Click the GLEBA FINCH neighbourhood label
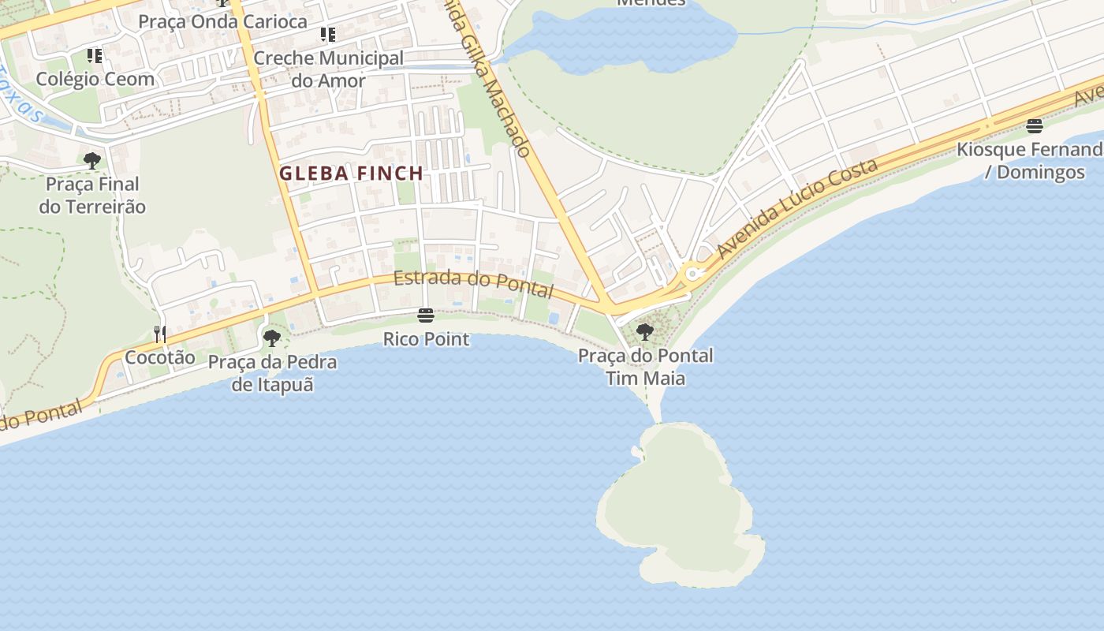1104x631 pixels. coord(351,173)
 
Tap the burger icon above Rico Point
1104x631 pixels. coord(426,315)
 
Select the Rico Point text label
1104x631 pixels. coord(426,339)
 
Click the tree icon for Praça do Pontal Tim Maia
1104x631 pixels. coord(645,332)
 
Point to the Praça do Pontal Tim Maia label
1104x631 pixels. coord(645,367)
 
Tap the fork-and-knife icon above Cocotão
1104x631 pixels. coord(159,334)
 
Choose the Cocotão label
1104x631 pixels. coord(159,357)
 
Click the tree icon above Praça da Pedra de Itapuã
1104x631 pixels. coord(272,338)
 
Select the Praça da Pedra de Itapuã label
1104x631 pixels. coord(272,373)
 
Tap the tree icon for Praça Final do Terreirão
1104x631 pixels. coord(92,161)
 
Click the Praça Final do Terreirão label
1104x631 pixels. coord(92,195)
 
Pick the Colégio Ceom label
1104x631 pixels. coord(95,79)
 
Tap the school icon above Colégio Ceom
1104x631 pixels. coord(95,56)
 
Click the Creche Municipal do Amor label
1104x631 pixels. coord(328,69)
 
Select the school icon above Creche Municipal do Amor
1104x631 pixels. coord(328,35)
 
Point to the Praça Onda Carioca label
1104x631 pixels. coord(222,21)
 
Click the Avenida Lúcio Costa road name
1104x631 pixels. coord(797,208)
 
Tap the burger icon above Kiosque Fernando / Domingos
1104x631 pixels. coord(1035,126)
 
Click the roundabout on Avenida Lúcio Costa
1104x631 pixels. coord(693,274)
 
